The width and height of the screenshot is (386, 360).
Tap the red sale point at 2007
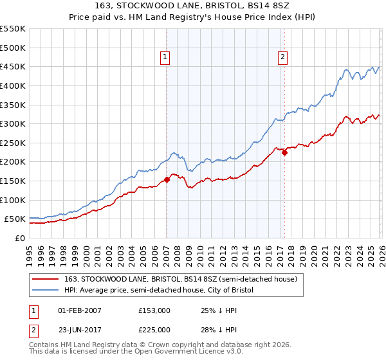coord(167,179)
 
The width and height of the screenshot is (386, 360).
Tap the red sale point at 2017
coord(284,152)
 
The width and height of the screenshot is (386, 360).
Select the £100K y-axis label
coord(13,200)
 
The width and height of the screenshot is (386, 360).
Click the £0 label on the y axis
coord(19,238)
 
